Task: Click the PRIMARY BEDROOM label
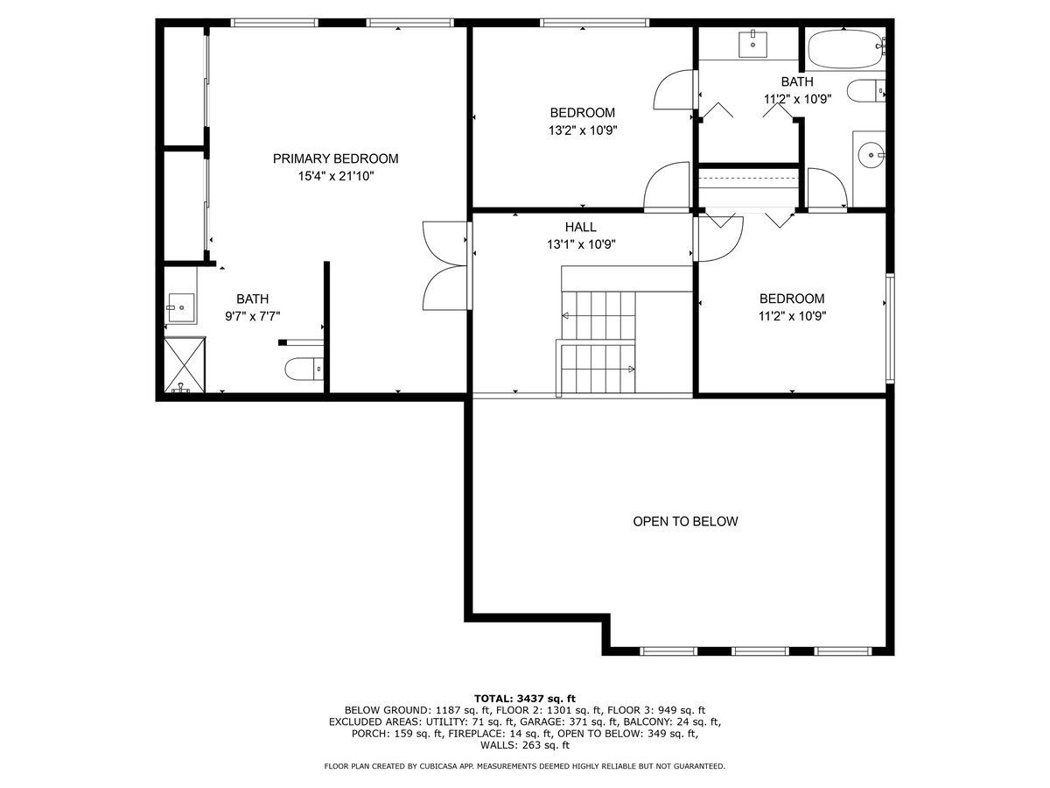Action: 335,158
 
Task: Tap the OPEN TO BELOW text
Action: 685,522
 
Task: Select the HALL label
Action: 580,227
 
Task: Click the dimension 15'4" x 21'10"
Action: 335,176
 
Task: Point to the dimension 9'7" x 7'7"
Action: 251,316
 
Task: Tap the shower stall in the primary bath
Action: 183,366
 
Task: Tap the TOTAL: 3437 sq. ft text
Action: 524,698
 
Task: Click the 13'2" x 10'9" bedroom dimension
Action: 582,130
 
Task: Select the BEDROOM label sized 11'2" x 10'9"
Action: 791,299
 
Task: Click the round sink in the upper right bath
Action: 871,156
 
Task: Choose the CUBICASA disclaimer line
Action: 524,766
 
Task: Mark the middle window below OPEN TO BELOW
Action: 759,651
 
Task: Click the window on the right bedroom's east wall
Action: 890,327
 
